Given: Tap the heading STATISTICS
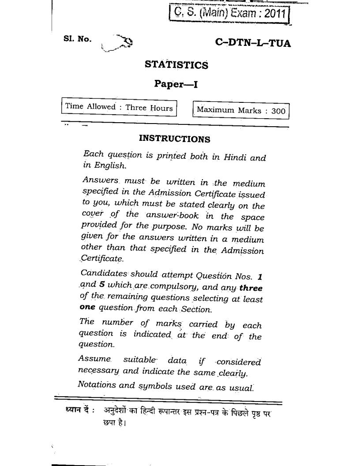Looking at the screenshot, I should [176, 65].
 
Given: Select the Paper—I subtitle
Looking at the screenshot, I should [176, 84].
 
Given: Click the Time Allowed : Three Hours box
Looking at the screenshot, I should [119, 107].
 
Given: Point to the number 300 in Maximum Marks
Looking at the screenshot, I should [278, 111].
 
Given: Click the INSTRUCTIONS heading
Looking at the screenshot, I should [174, 139].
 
